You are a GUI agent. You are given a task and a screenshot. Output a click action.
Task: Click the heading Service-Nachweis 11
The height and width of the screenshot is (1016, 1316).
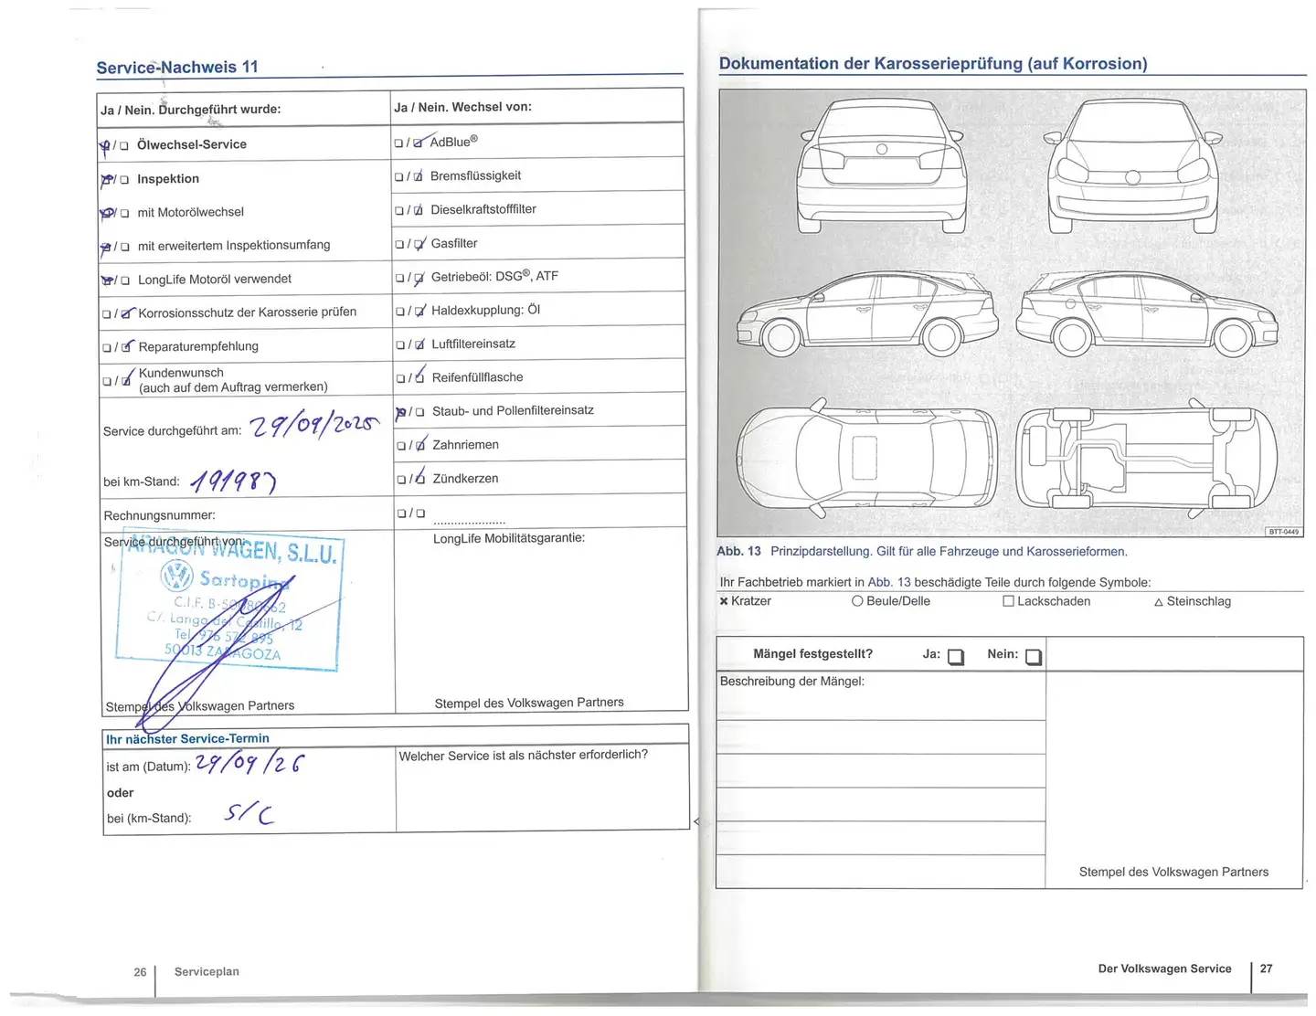tap(177, 67)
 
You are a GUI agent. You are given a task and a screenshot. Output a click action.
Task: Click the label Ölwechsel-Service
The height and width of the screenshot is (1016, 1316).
tap(192, 144)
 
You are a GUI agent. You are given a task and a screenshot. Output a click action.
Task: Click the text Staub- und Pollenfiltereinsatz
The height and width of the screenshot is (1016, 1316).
tap(513, 411)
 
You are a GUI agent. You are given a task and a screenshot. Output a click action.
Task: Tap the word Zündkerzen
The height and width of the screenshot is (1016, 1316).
tap(465, 479)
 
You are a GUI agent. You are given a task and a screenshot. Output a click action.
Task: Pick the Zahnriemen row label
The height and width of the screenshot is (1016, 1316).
tap(465, 445)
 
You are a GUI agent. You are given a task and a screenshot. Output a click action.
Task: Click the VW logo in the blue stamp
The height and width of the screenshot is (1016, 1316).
tap(176, 577)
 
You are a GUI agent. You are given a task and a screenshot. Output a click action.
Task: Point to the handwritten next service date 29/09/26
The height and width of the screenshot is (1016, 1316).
tap(250, 764)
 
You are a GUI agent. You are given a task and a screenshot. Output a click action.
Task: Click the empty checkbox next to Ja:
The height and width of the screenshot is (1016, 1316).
tap(956, 657)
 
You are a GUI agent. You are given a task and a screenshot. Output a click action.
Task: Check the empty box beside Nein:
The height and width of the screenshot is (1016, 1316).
tap(1034, 657)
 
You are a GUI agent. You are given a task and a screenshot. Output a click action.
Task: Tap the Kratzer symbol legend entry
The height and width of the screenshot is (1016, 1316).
tap(745, 601)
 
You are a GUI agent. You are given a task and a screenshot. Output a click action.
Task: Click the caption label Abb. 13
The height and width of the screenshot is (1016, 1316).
tap(738, 551)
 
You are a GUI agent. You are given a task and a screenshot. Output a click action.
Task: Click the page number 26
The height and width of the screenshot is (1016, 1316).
tap(140, 972)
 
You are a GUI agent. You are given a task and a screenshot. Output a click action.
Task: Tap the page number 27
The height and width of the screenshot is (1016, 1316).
tap(1266, 968)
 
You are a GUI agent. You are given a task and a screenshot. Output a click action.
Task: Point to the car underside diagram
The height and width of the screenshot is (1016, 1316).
tap(1147, 456)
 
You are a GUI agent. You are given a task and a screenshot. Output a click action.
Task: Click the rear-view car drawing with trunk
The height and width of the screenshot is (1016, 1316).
tap(881, 166)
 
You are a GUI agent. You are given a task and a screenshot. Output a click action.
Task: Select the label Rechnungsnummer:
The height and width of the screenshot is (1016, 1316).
tap(159, 515)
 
